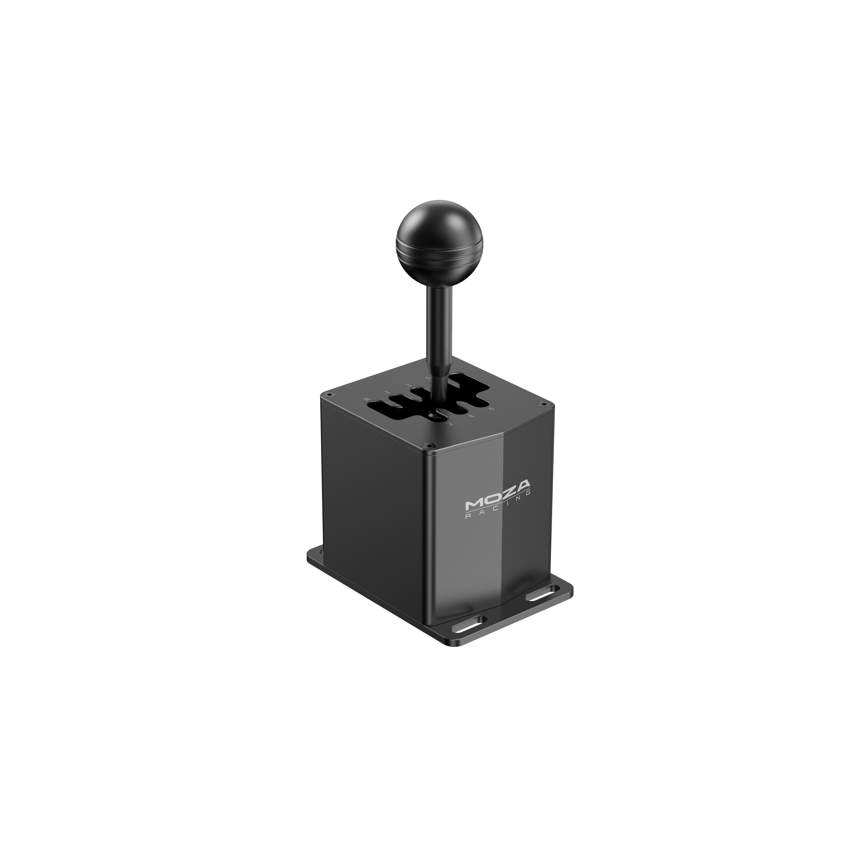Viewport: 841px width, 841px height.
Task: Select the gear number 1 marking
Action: (387, 393)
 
